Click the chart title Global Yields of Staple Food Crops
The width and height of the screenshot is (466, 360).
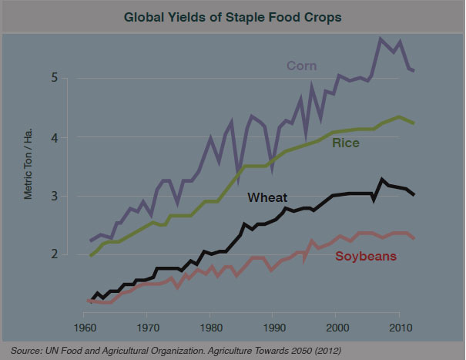coord(233,16)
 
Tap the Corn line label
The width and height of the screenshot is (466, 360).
coord(303,64)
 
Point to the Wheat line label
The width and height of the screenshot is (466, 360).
coord(268,198)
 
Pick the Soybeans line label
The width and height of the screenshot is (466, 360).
coord(366,255)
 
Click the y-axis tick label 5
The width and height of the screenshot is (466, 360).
coord(55,78)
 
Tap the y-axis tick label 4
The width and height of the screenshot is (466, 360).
coord(55,137)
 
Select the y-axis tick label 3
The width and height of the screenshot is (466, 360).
coord(55,197)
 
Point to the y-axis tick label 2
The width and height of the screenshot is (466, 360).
coord(55,255)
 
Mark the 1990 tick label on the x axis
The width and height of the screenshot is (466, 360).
coord(272,328)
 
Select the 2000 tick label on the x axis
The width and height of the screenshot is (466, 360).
coord(335,328)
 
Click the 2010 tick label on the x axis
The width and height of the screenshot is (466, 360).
coord(398,328)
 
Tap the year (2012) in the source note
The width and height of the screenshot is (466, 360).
coord(325,351)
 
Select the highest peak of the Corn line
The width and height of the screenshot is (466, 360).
coord(380,39)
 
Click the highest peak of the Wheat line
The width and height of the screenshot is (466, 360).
coord(382,180)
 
